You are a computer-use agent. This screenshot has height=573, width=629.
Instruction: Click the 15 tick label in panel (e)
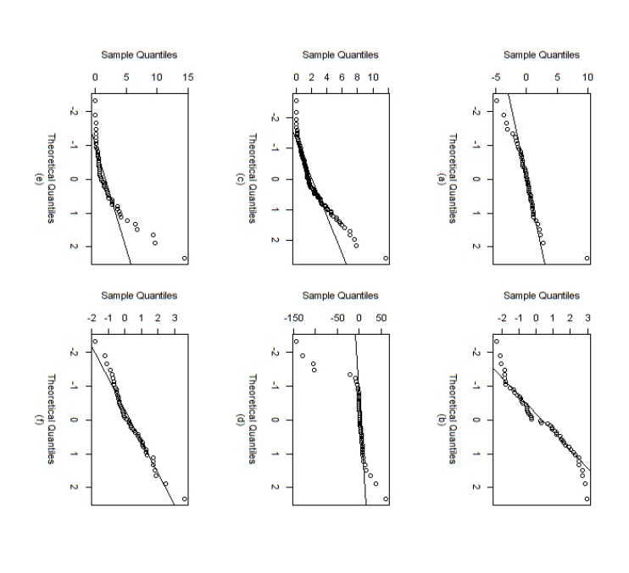pos(188,77)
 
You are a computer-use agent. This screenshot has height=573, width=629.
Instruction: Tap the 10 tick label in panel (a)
pos(588,77)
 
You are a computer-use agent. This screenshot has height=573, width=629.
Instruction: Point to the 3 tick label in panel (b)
pos(588,319)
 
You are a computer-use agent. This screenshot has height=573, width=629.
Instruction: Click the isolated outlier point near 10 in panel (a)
pos(587,258)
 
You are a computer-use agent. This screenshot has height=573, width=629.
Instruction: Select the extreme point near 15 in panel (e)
pos(184,258)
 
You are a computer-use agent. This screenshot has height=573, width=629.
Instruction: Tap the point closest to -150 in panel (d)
pos(296,342)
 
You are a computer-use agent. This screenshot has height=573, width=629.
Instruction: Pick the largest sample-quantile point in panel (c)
pos(386,258)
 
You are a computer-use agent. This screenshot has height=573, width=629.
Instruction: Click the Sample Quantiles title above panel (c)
pos(340,55)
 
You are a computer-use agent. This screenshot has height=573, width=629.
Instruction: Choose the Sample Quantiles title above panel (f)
pos(139,296)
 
